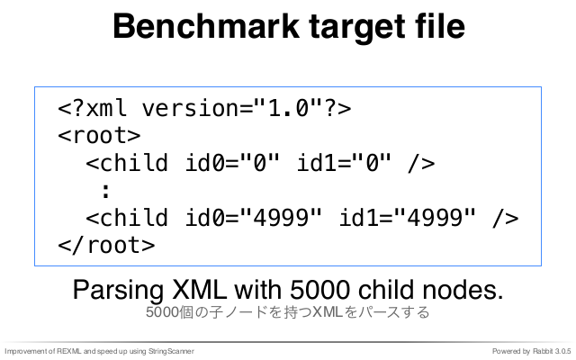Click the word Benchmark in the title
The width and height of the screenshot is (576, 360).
(x=206, y=26)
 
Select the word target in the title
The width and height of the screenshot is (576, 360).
(x=355, y=29)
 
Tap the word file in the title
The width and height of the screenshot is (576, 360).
(x=440, y=26)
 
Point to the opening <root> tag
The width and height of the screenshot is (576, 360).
(x=99, y=135)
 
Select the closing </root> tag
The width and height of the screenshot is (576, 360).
(x=106, y=245)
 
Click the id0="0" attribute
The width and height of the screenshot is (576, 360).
(x=232, y=163)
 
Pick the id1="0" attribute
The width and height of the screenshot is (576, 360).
(x=344, y=163)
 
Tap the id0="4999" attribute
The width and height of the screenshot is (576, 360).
(x=254, y=218)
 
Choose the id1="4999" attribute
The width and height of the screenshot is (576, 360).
(x=408, y=218)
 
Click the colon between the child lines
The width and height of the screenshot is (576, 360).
(x=106, y=191)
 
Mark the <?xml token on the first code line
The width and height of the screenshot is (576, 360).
(x=92, y=108)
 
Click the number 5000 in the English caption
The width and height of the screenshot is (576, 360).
(x=319, y=290)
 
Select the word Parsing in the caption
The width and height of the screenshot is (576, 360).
(x=118, y=291)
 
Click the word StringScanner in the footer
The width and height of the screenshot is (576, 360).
(x=171, y=352)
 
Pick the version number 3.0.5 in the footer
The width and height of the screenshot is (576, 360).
(x=563, y=352)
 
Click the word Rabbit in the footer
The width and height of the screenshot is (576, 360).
(x=543, y=352)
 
